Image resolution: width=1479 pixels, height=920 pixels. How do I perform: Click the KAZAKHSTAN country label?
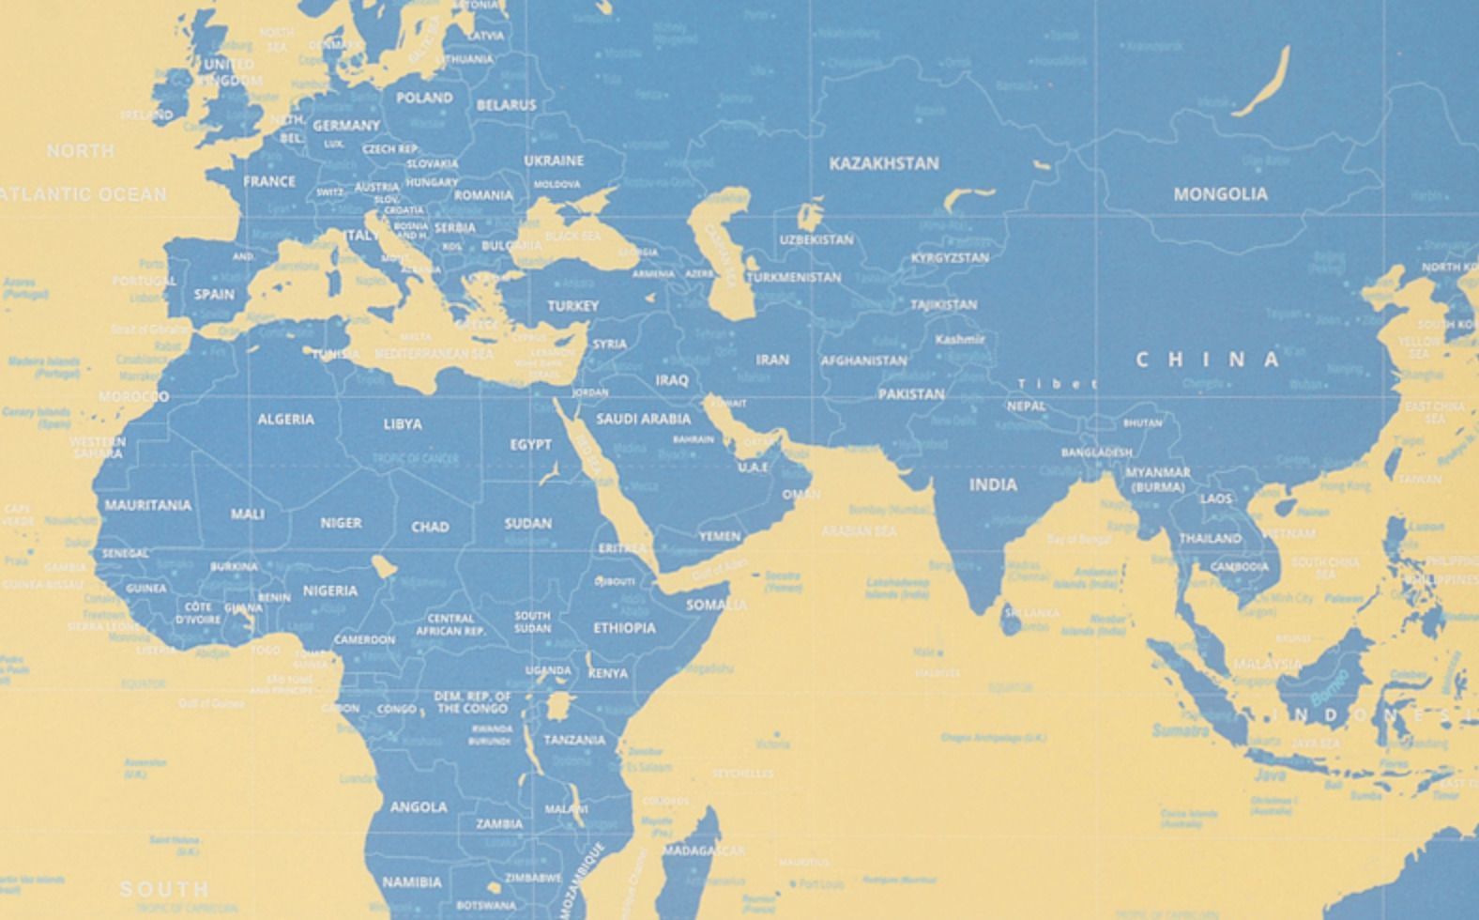pos(883,163)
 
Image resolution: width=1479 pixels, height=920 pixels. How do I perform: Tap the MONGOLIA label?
pos(1220,194)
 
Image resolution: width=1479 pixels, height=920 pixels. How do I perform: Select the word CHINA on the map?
pos(1208,360)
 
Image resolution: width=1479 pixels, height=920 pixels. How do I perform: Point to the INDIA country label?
pos(993,484)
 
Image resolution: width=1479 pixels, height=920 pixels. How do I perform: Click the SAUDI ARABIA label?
pos(643,419)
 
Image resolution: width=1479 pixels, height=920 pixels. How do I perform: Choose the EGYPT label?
pos(531,444)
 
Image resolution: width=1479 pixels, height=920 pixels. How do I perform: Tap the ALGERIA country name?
pos(286,419)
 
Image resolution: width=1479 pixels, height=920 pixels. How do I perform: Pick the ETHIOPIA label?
pos(624,627)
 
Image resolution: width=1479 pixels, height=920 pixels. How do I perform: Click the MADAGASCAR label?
pos(703,851)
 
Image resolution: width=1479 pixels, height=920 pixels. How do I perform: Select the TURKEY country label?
pos(572,306)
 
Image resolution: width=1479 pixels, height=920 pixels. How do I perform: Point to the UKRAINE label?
pos(554,161)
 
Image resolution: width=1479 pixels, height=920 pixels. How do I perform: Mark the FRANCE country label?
pos(269,181)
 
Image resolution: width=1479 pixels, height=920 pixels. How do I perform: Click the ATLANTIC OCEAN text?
pos(84,194)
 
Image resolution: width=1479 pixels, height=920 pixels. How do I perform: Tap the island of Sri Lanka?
pos(1010,619)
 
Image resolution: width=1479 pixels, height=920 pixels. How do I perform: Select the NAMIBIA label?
pos(412,882)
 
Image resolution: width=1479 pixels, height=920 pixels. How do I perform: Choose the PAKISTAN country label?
pos(910,394)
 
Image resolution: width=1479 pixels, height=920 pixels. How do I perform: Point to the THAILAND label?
pos(1210,539)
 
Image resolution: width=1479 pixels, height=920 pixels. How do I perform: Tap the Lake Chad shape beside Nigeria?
pos(382,565)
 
